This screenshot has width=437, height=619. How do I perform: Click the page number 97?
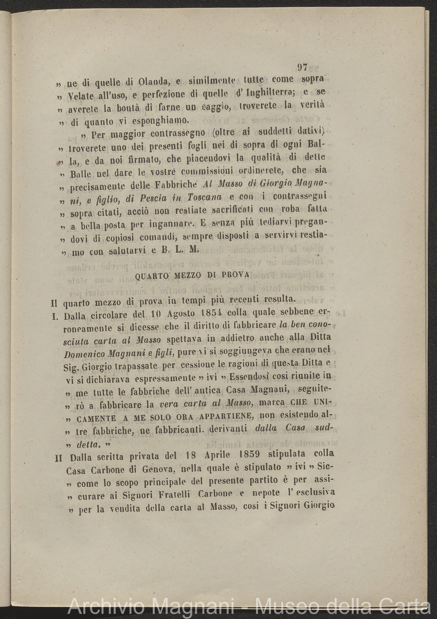click(x=302, y=67)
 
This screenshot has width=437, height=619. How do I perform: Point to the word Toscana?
click(x=202, y=198)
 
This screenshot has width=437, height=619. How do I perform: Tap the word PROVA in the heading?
click(x=235, y=275)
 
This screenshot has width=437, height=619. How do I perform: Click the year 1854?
click(x=212, y=313)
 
